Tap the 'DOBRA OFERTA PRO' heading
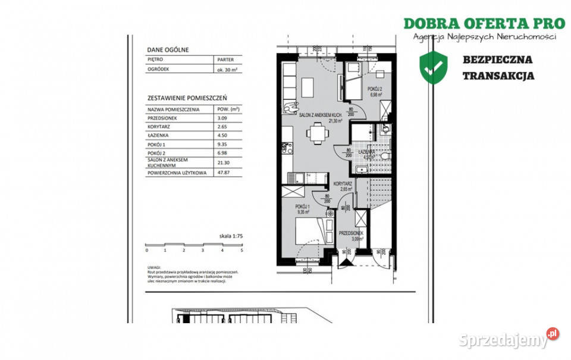(x=484, y=23)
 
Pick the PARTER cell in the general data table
(x=225, y=60)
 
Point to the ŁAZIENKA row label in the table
(x=159, y=135)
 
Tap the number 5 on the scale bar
(x=241, y=251)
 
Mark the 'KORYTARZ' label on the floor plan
(x=341, y=184)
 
